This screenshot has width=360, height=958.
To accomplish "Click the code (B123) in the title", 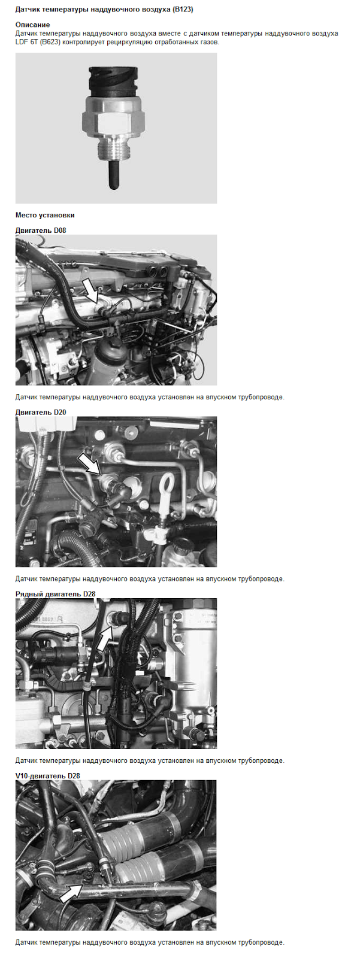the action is click(x=183, y=10).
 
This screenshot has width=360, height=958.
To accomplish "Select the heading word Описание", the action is click(x=32, y=25).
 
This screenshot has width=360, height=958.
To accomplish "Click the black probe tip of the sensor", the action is click(x=113, y=175).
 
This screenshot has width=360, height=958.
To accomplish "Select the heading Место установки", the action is click(x=45, y=215).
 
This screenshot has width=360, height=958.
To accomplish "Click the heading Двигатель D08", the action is click(x=41, y=230).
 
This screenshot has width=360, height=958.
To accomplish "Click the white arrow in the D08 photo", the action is click(x=91, y=290).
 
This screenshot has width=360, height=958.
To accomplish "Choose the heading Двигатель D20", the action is click(x=41, y=413).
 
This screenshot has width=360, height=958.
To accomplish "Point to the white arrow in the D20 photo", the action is click(x=89, y=465).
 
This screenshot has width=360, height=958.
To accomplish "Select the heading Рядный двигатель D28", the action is click(x=55, y=594).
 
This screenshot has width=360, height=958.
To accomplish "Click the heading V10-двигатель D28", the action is click(x=47, y=776).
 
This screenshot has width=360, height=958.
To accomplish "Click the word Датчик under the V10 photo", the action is click(x=26, y=942).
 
